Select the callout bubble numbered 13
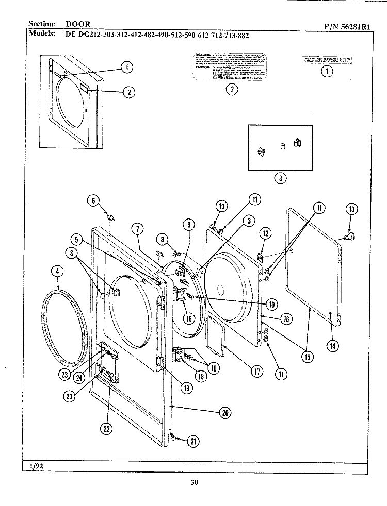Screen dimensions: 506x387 pyautogui.click(x=351, y=209)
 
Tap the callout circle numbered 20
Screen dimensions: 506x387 pyautogui.click(x=224, y=412)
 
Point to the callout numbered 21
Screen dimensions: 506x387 pyautogui.click(x=193, y=441)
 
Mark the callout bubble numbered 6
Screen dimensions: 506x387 pyautogui.click(x=93, y=201)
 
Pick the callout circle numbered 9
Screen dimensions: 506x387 pyautogui.click(x=189, y=225)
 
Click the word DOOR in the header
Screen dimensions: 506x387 pyautogui.click(x=78, y=24)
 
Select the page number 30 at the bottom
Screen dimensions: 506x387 pyautogui.click(x=193, y=483)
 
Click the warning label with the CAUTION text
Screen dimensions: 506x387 pyautogui.click(x=232, y=66)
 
